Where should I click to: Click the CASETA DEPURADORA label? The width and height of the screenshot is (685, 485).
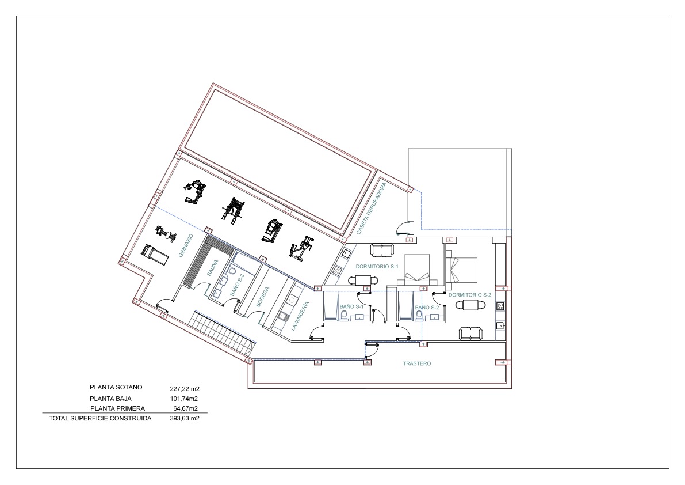[x=371, y=209]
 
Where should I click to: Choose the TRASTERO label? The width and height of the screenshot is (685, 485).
[x=416, y=363]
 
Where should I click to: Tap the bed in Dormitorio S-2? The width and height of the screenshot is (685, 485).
[x=464, y=270]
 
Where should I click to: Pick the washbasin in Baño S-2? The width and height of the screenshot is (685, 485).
[x=434, y=317]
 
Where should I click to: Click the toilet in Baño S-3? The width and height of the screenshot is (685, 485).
[x=232, y=271]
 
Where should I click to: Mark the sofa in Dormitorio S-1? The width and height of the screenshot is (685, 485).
[x=382, y=250]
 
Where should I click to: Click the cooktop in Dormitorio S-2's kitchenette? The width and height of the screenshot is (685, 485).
[x=500, y=306]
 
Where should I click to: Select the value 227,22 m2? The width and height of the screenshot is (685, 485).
[x=184, y=388]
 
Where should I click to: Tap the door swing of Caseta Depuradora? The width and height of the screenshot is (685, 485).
[x=403, y=229]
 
